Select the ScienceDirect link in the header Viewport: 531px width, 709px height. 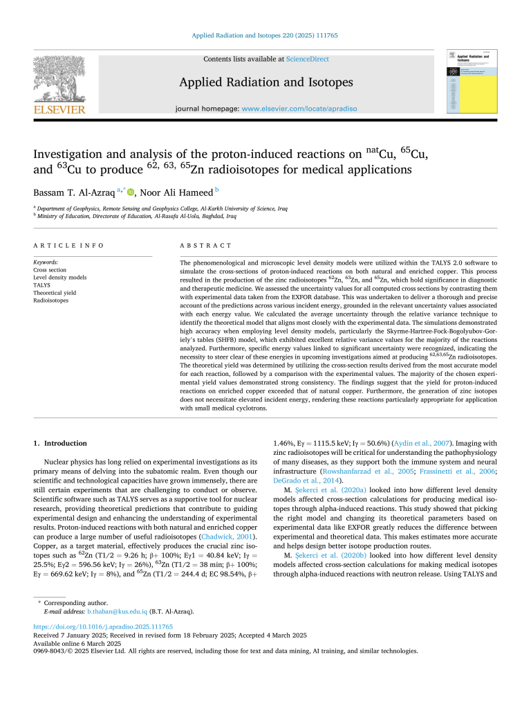pyautogui.click(x=307, y=60)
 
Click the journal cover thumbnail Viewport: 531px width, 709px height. pyautogui.click(x=473, y=82)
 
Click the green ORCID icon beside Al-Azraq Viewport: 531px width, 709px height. pyautogui.click(x=130, y=192)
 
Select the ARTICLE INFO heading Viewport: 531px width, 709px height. pyautogui.click(x=69, y=245)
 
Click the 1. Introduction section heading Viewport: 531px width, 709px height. pyautogui.click(x=61, y=443)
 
